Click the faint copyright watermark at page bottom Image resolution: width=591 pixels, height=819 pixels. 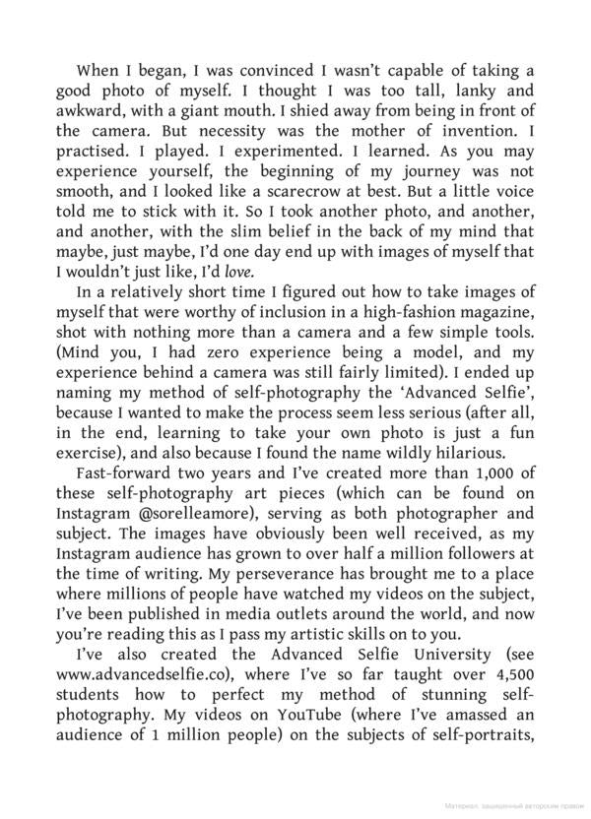coord(511,804)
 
